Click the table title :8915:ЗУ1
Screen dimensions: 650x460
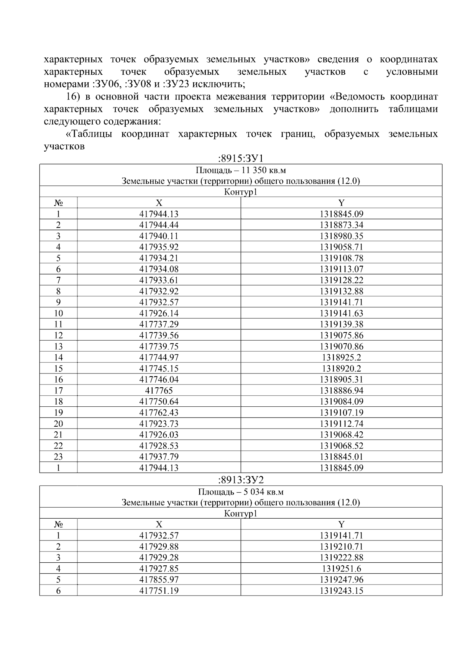pos(240,158)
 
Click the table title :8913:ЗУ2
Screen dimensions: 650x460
pos(240,480)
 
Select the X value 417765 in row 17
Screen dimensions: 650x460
pos(159,391)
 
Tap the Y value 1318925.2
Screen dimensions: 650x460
pos(341,357)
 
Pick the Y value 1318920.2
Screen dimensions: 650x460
pos(341,368)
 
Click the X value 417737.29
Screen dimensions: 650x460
pos(159,324)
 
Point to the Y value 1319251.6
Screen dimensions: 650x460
pos(341,569)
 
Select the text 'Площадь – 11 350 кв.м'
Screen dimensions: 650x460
pos(240,170)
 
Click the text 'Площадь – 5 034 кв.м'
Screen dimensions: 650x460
pos(240,492)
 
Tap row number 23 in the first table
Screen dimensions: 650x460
pos(58,457)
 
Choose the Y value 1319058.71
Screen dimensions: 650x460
pos(341,247)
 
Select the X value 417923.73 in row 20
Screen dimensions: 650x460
pos(159,424)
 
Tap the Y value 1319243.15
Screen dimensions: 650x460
pos(341,591)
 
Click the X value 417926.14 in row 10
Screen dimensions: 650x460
pos(159,313)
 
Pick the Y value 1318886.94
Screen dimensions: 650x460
pos(341,391)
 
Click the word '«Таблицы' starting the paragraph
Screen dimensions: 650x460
pos(90,134)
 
